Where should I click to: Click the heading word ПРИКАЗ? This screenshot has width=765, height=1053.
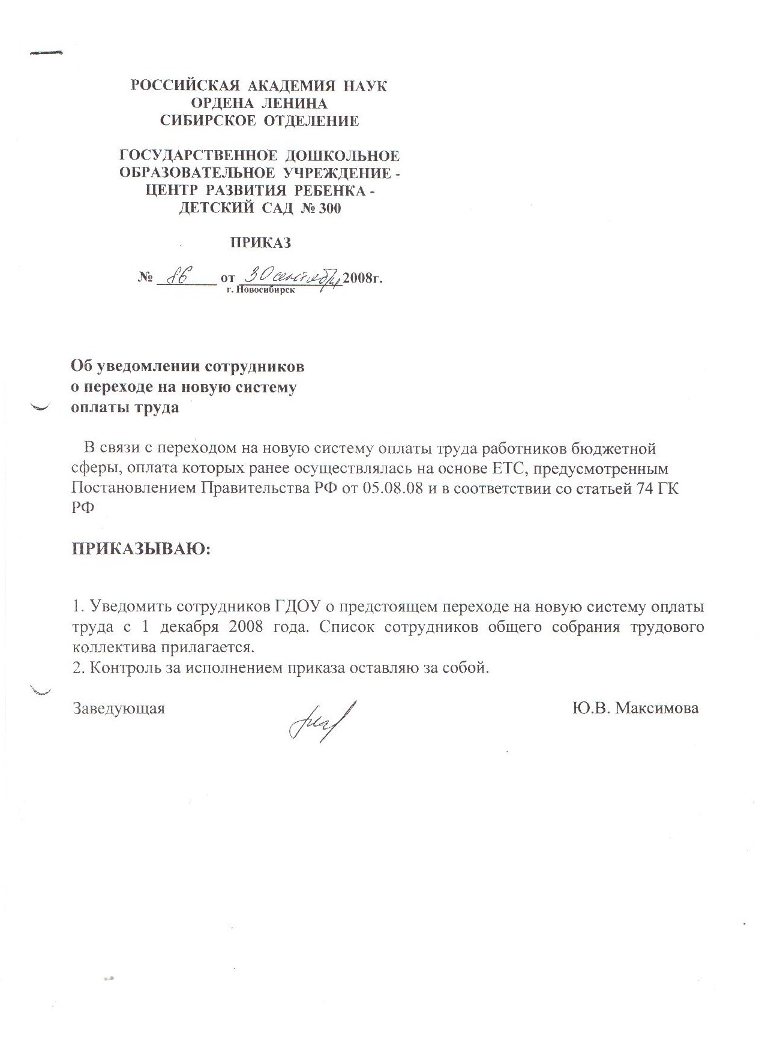pos(261,243)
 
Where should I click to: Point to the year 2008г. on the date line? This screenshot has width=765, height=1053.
pos(362,279)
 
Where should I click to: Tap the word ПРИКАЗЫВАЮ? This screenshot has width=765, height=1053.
pos(142,548)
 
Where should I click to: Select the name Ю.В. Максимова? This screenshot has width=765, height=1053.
pos(635,708)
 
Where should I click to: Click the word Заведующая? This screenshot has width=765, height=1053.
pos(119,709)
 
